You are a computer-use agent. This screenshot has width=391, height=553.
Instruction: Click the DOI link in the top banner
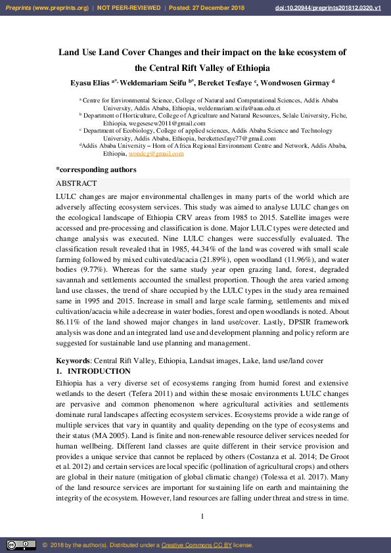(x=333, y=7)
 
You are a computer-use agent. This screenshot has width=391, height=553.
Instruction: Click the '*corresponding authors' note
(x=96, y=169)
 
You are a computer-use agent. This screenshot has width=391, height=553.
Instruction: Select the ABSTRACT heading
(x=76, y=184)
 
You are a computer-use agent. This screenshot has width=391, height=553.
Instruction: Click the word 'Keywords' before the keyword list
(x=72, y=361)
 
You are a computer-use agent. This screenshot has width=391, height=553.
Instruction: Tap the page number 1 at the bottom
(x=202, y=516)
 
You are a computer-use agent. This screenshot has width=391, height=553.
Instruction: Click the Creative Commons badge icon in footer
(x=21, y=545)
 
